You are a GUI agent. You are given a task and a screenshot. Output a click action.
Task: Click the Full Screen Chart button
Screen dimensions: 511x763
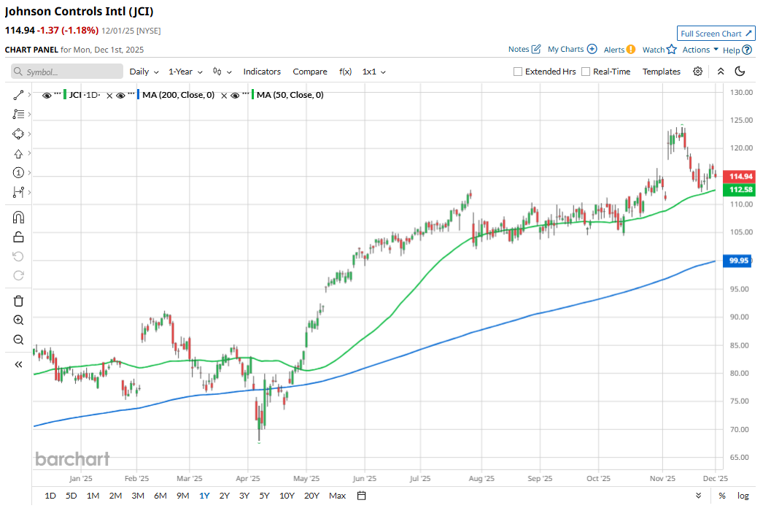[716, 34]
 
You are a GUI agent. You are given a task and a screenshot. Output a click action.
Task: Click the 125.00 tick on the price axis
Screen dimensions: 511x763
[740, 120]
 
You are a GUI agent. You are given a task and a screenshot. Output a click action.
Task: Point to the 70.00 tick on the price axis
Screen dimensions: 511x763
[740, 429]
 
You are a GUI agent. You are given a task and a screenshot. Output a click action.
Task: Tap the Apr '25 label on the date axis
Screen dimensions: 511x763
[249, 479]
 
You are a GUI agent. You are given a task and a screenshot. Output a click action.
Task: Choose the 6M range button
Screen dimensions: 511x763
[160, 496]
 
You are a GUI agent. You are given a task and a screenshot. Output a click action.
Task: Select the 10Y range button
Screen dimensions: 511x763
[287, 496]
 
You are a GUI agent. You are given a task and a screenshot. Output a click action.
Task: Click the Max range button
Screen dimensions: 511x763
[337, 496]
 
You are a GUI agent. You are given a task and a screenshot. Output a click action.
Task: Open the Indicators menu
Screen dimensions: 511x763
[262, 72]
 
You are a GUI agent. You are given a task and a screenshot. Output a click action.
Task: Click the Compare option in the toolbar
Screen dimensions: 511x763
[310, 72]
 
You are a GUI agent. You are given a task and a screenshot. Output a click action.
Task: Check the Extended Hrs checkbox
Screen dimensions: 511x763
[518, 72]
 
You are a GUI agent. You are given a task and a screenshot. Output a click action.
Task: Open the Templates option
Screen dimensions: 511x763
[661, 72]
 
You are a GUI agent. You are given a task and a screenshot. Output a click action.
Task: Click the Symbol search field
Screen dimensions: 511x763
[67, 72]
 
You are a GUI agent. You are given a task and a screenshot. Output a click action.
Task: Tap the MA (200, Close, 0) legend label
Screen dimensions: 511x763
[178, 95]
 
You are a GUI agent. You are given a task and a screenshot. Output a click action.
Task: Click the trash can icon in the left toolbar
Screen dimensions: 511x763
[19, 301]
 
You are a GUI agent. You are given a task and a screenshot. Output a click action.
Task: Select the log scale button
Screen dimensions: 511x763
[743, 496]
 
